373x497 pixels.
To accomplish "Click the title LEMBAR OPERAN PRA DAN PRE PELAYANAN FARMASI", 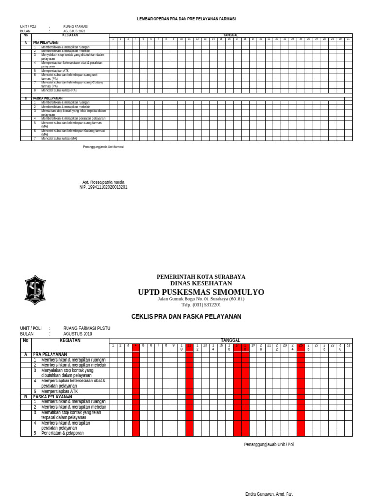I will click(186, 18).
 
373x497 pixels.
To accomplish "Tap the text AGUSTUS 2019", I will click(77, 334).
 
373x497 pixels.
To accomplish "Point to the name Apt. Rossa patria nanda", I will click(103, 182).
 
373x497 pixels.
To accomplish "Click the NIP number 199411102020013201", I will click(103, 187).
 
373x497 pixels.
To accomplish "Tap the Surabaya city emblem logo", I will click(35, 290).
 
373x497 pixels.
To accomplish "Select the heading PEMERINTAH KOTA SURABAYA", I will click(201, 277).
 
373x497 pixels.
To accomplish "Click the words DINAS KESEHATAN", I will click(201, 283).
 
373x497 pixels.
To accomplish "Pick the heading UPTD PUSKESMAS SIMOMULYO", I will click(201, 292).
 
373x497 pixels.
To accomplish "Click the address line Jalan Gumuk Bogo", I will click(201, 299).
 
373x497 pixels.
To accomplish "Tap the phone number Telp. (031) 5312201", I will click(201, 305).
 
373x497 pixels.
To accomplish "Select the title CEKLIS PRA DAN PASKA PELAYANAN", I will click(186, 317).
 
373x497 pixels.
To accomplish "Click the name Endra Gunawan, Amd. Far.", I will click(269, 494).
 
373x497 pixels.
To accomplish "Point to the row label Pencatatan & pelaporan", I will click(62, 433).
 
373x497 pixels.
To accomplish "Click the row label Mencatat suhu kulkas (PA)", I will click(59, 90).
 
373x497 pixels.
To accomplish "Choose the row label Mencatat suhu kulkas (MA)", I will click(59, 139).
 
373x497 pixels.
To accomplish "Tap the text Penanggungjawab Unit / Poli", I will click(269, 444).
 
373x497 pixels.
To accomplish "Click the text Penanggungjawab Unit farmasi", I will click(103, 147).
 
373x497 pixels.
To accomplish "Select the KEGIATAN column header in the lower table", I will click(69, 341).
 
